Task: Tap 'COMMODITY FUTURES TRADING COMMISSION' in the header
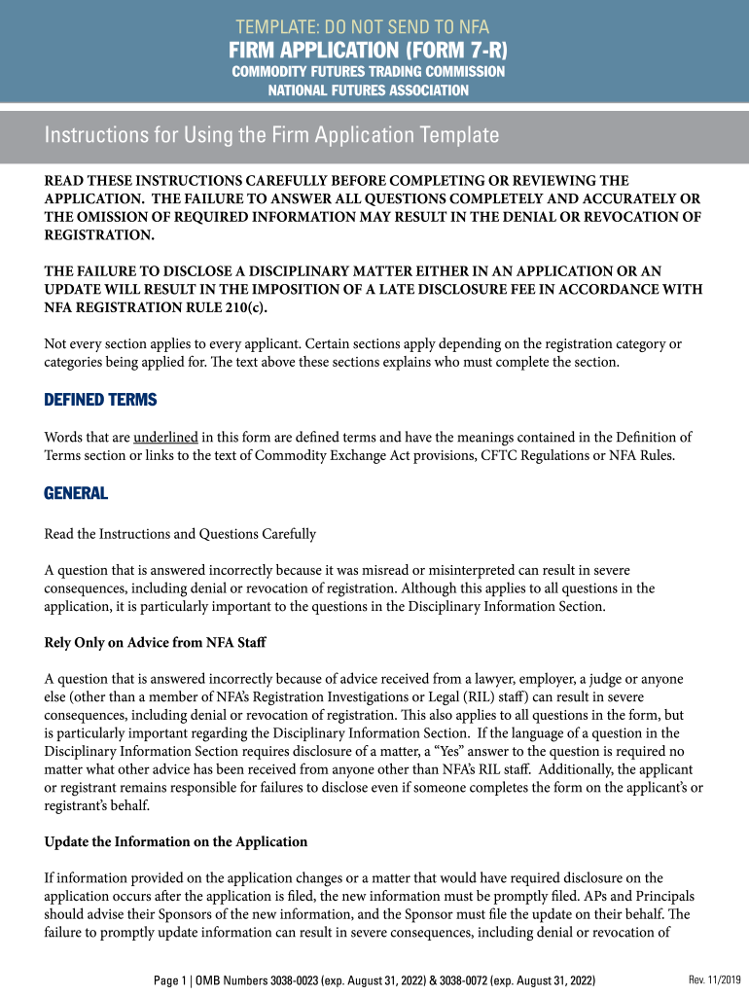pos(369,72)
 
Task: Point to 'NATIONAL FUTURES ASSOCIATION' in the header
pos(369,90)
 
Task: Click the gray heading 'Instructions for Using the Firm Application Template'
pos(271,135)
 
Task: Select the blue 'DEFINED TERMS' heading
pos(100,401)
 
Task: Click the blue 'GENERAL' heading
pos(76,494)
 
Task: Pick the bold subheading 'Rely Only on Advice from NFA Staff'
pos(155,644)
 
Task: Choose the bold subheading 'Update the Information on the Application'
pos(176,841)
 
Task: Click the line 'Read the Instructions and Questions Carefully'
pos(180,534)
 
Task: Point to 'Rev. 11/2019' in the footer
pos(714,979)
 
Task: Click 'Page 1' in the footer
pos(172,980)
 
